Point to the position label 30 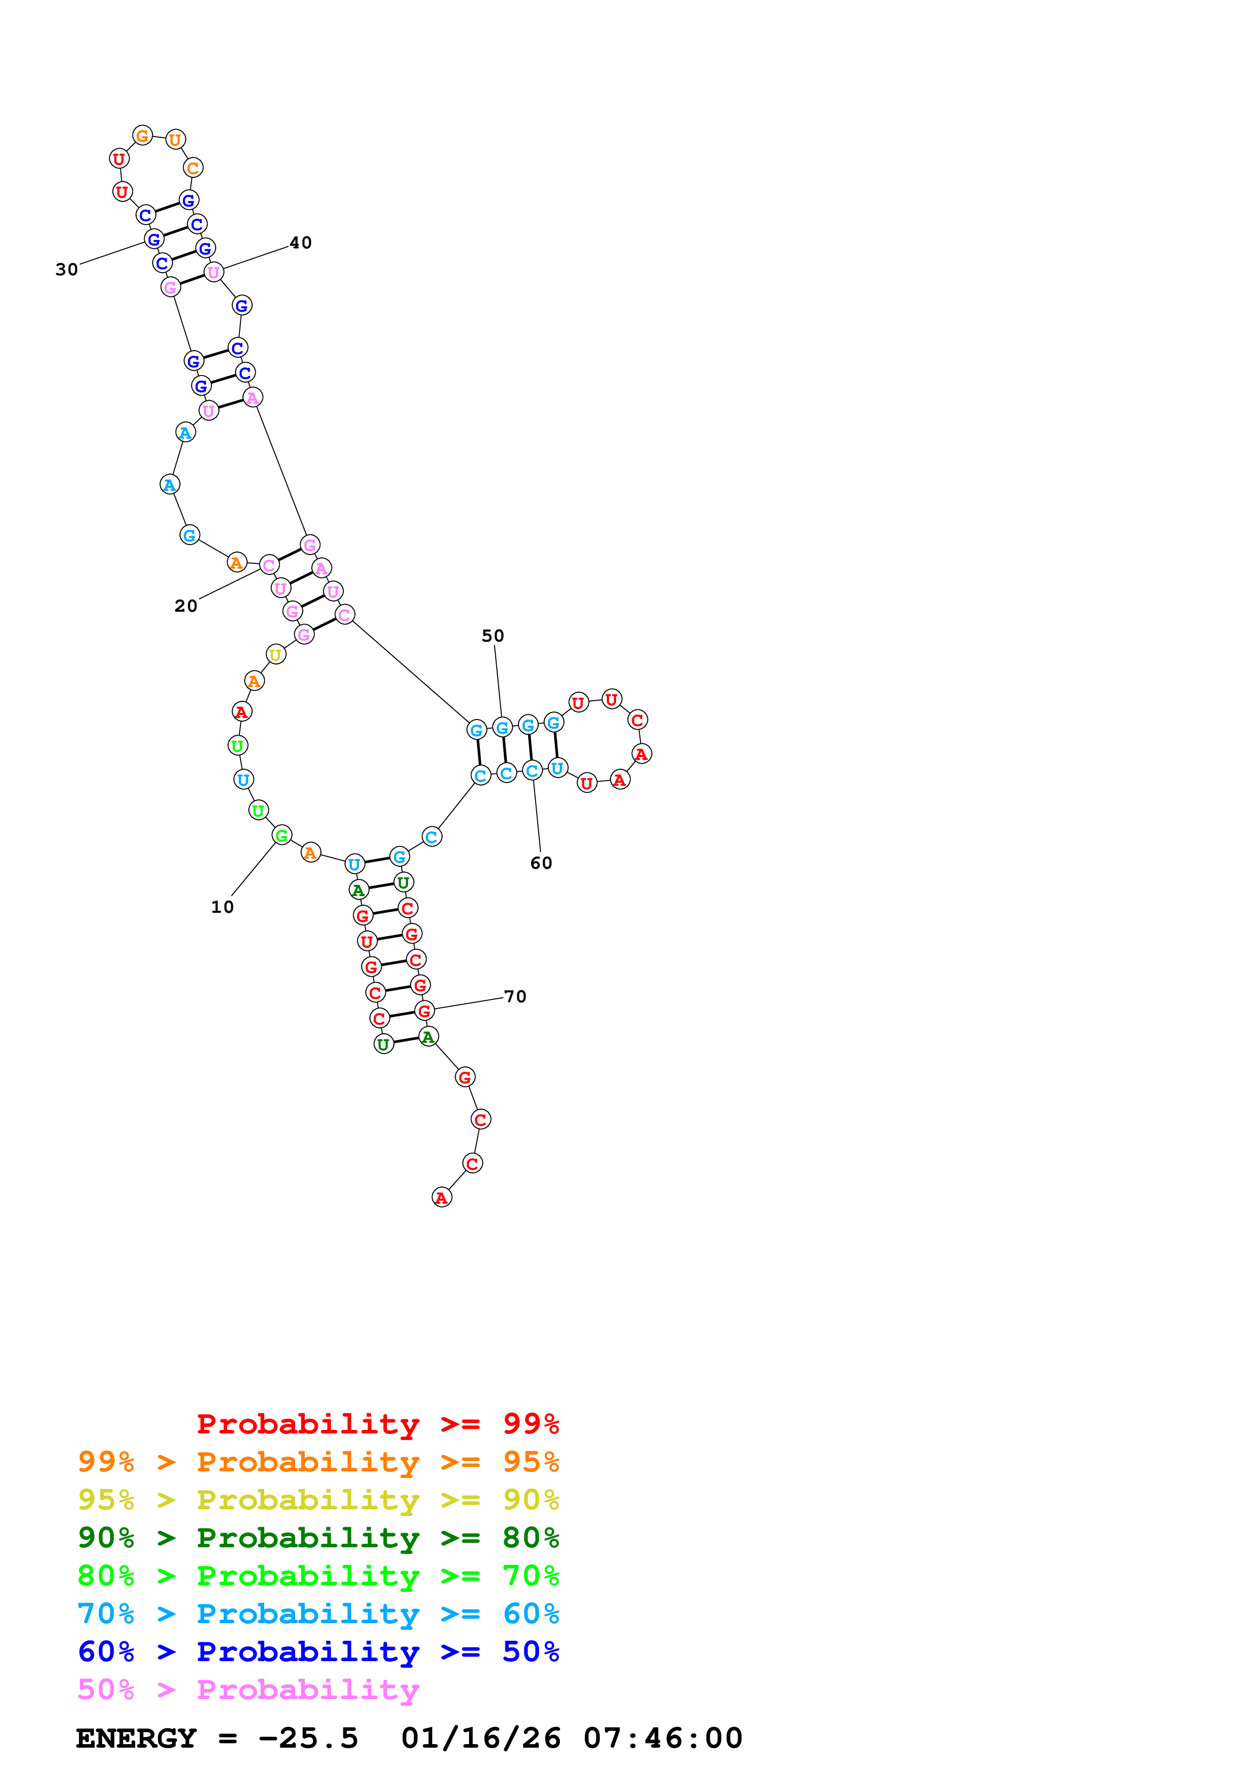66,269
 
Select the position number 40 301,243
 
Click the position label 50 493,636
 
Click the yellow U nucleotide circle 275,655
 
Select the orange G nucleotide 142,136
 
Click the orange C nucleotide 192,168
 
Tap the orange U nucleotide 176,140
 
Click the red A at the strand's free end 441,1198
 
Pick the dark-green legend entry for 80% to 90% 318,1538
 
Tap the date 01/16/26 481,1738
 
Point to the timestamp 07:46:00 663,1738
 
